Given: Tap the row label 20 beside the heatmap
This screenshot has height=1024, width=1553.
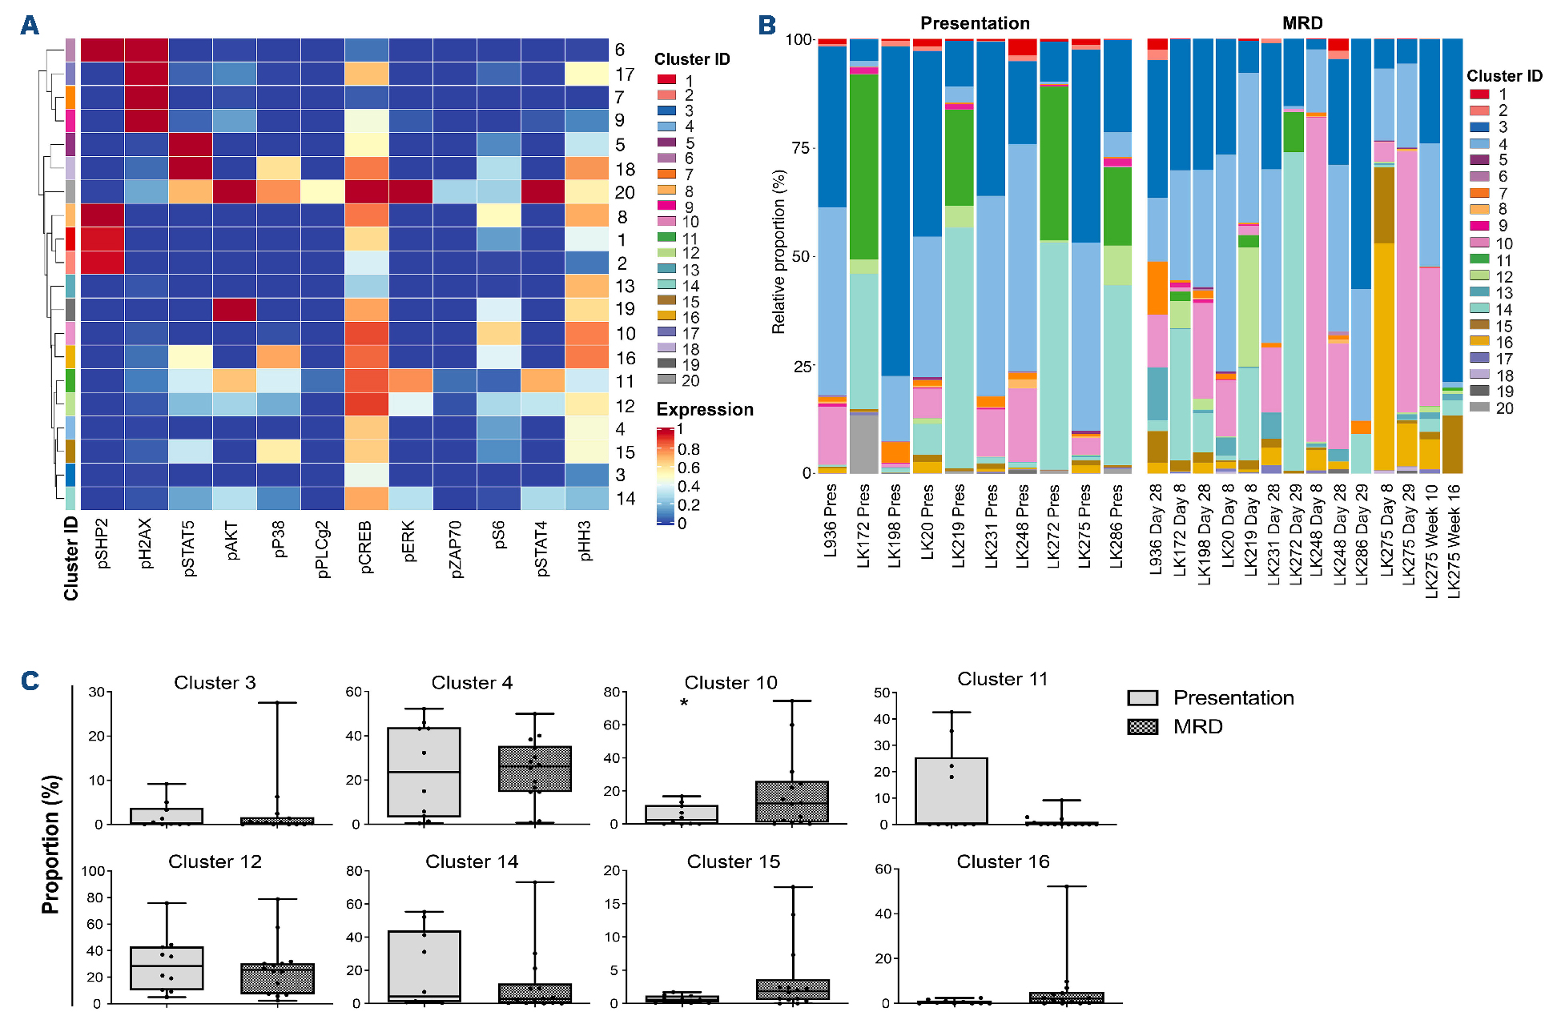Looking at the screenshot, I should tap(625, 193).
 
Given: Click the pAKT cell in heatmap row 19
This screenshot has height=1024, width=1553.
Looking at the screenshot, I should tap(234, 310).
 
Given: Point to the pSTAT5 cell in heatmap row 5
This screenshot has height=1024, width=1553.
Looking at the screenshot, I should tap(190, 145).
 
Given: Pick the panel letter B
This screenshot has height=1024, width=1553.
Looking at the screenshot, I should tap(766, 26).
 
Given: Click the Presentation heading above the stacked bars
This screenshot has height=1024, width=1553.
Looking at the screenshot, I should tap(974, 23).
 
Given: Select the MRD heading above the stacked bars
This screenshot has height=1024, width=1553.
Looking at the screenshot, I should tap(1302, 23).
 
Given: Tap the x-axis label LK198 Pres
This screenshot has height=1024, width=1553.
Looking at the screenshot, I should tap(895, 525).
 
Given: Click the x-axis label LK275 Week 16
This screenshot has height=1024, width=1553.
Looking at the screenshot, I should tap(1454, 540).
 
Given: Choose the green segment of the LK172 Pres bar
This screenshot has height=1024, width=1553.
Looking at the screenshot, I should tap(863, 167).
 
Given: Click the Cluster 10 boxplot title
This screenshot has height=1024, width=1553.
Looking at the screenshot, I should tap(730, 683).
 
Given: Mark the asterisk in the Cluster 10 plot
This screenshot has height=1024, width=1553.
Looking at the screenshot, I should tap(684, 704).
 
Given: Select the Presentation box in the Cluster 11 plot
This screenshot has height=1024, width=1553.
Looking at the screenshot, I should tap(952, 790).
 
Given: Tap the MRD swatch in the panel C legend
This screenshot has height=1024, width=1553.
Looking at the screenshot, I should tap(1143, 727).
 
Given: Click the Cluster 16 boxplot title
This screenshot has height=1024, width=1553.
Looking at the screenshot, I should tap(1003, 862).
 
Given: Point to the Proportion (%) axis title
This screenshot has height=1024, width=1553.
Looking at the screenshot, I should tap(51, 845).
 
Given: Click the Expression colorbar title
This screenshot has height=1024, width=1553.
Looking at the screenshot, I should tap(704, 410).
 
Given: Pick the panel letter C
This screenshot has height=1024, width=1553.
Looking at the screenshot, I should tap(30, 681).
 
